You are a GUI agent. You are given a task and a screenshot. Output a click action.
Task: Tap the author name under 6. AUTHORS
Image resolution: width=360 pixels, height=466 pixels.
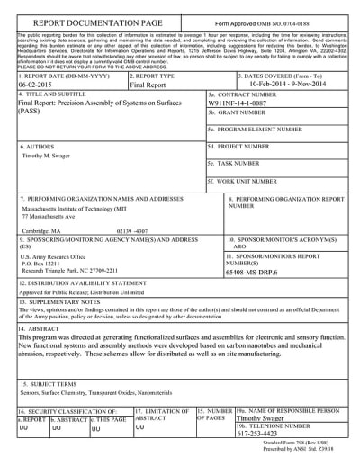(x=46, y=155)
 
